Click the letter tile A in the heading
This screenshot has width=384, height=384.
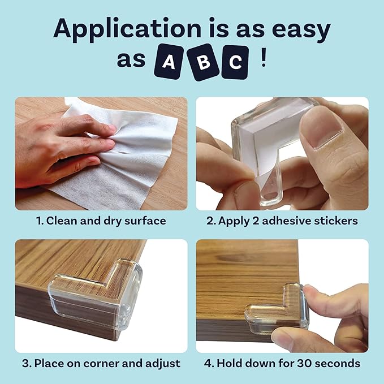point(168,62)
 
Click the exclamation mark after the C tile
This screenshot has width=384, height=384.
point(263,61)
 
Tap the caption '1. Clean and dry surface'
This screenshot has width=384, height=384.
point(101,221)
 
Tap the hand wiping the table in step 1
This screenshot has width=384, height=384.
point(62,147)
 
